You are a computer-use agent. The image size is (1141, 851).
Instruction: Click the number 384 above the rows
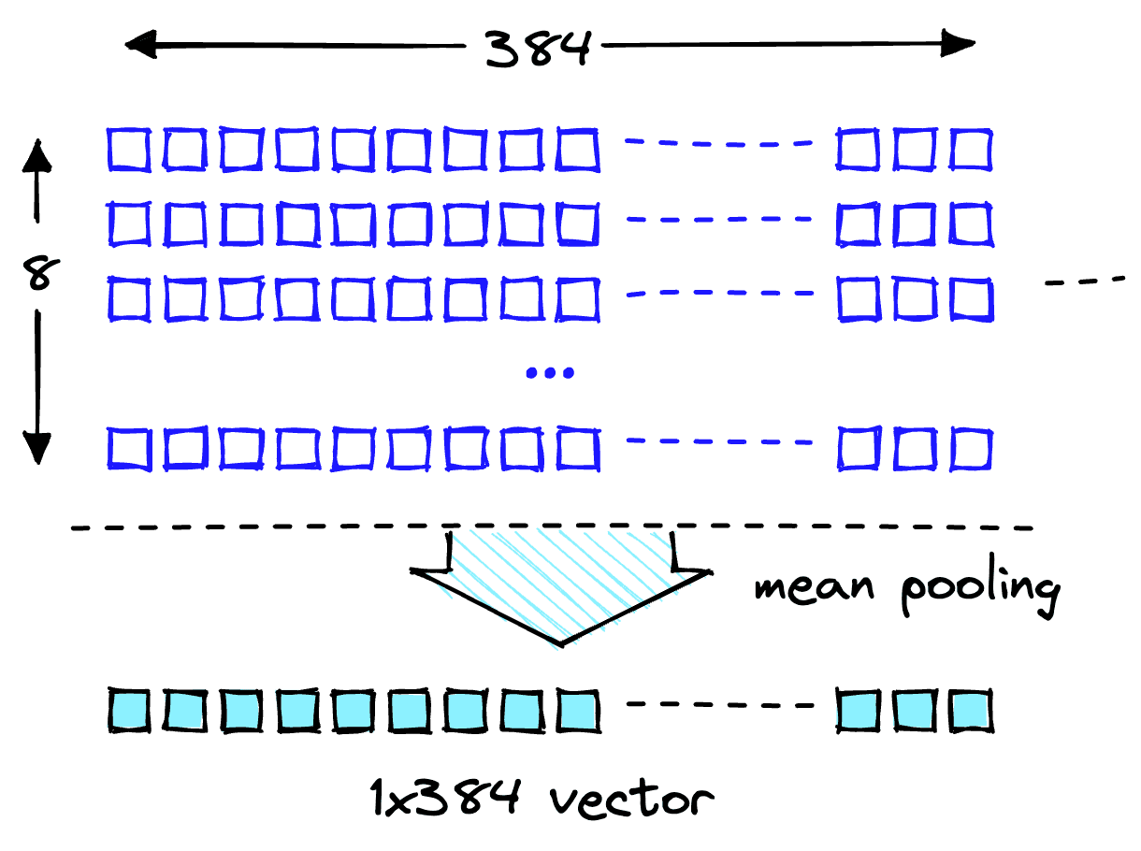click(539, 46)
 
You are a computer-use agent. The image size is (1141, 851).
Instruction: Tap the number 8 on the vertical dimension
click(38, 275)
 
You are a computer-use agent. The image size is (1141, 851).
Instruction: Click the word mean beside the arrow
click(813, 586)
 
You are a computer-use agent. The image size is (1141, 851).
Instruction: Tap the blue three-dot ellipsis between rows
click(550, 373)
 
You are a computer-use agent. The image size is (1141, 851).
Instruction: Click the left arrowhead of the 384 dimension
click(140, 43)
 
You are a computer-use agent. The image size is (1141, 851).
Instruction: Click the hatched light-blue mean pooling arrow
click(560, 580)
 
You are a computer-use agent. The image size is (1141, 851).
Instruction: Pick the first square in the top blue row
click(127, 151)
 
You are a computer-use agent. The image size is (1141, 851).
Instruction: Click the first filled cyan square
click(128, 711)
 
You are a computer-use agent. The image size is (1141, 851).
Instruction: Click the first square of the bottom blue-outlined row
click(128, 450)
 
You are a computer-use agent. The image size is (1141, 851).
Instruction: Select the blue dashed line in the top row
click(718, 143)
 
